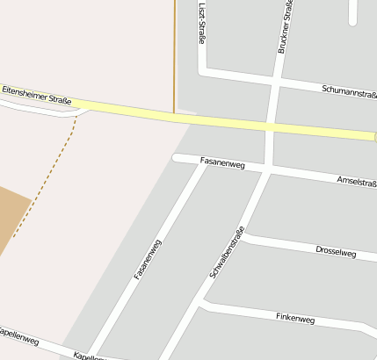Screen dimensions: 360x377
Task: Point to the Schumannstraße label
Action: pyautogui.click(x=349, y=90)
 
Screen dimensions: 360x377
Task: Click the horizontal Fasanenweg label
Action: pyautogui.click(x=221, y=162)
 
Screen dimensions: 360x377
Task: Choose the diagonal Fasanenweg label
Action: pyautogui.click(x=148, y=260)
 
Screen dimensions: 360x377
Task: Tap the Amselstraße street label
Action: pyautogui.click(x=356, y=182)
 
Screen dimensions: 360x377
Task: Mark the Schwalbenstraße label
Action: pyautogui.click(x=226, y=254)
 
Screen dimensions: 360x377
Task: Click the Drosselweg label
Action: pyautogui.click(x=335, y=252)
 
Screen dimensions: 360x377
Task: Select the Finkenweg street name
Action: pyautogui.click(x=294, y=318)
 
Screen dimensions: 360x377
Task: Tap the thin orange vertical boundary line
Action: pyautogui.click(x=175, y=53)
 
